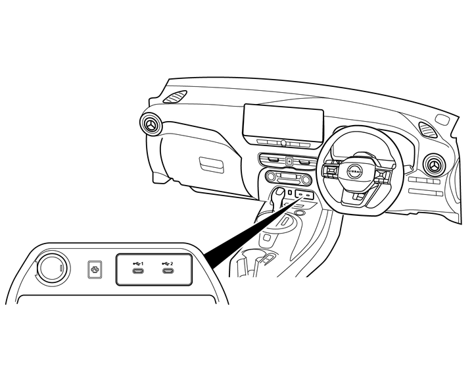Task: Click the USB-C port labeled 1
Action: point(138,271)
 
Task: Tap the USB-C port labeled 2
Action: point(168,271)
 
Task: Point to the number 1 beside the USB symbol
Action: point(142,263)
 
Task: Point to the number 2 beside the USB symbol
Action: point(172,263)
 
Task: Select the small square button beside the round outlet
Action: point(95,269)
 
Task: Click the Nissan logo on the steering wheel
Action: point(354,171)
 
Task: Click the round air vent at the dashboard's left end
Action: point(151,124)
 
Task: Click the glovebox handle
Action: point(212,165)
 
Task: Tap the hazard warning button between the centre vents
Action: point(289,161)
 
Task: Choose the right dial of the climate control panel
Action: point(306,180)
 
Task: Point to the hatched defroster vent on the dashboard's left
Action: point(175,97)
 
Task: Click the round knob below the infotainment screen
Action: point(283,143)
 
